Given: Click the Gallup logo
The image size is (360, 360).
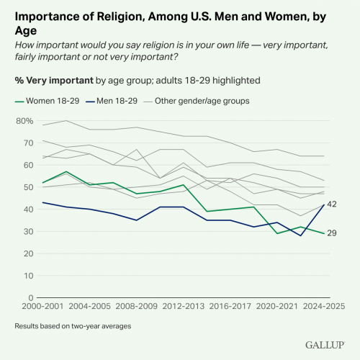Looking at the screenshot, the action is click(325, 345).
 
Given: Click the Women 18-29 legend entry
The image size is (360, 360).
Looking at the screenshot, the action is click(47, 101).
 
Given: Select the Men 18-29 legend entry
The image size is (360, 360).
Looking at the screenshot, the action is click(112, 101).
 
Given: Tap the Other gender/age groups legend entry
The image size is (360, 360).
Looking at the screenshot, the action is click(197, 101).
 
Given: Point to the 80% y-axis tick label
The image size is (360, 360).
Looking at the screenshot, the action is click(24, 121).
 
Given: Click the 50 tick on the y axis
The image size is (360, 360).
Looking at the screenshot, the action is click(28, 187).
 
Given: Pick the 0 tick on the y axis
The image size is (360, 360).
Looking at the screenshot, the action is click(31, 298).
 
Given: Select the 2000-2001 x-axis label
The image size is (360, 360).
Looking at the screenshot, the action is click(42, 307).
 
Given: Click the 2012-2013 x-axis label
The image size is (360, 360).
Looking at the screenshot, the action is click(184, 307).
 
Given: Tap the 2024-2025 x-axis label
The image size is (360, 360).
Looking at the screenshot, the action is click(324, 307).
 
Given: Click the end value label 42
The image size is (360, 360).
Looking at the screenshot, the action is click(332, 204).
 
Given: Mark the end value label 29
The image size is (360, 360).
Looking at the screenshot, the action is click(332, 233).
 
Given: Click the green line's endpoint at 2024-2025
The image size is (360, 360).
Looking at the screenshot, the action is click(324, 233).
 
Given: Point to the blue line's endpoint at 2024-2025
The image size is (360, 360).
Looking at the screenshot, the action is click(324, 204).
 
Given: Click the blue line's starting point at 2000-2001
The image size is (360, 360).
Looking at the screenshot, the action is click(42, 202).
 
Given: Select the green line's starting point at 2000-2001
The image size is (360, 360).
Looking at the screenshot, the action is click(42, 183).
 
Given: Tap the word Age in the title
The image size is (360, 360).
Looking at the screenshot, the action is click(26, 31).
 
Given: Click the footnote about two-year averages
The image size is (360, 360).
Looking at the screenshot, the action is click(73, 326).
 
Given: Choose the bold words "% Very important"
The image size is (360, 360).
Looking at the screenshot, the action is click(54, 81).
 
